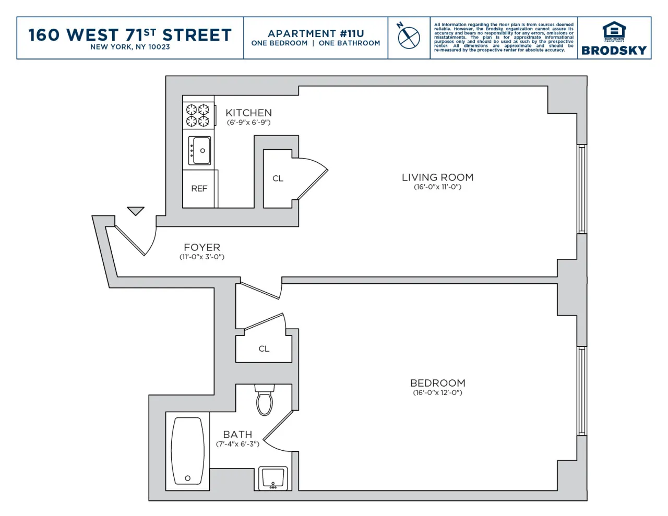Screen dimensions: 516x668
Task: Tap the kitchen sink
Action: point(200,151)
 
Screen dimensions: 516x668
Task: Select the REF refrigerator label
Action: point(199,189)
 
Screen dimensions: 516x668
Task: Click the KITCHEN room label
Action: point(248,113)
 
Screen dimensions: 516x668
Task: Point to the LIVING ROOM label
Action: point(437,177)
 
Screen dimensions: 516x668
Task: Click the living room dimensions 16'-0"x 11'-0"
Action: point(437,187)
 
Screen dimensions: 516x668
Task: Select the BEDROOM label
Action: point(437,383)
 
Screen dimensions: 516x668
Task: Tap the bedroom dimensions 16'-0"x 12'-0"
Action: point(437,393)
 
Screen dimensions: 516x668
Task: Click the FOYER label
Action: point(202,247)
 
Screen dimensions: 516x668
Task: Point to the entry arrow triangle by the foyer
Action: point(136,210)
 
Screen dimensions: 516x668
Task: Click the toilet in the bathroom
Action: point(265,400)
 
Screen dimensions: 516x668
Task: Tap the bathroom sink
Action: point(273,478)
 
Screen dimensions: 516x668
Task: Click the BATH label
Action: point(237,435)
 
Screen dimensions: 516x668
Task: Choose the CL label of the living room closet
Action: point(278,178)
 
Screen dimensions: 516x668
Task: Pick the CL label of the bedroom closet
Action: point(264,349)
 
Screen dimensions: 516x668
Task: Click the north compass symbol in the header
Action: point(408,37)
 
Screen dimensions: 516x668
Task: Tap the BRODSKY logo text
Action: point(614,51)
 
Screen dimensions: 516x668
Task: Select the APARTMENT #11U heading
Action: point(316,33)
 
